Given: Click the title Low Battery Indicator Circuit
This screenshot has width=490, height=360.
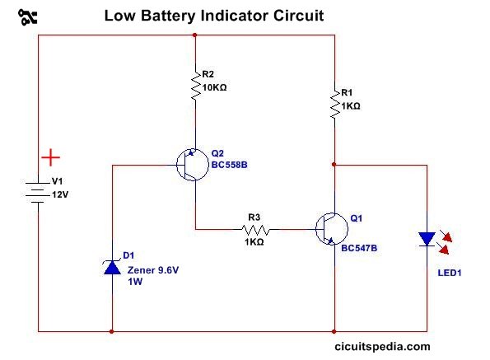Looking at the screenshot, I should click(x=212, y=16).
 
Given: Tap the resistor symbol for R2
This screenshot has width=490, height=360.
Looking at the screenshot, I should click(x=195, y=85).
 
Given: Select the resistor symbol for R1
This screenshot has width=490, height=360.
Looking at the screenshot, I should click(x=334, y=105).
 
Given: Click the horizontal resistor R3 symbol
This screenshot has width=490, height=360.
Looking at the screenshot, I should click(x=254, y=229).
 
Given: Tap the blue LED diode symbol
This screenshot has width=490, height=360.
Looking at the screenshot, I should click(x=427, y=239).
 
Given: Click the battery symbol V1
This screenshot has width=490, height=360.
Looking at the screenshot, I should click(x=39, y=190).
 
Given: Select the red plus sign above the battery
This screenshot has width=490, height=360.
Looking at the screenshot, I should click(x=51, y=156).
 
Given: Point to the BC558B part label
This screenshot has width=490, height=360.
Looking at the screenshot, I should click(x=229, y=165).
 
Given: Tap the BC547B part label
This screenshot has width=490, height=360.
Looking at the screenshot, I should click(x=359, y=246).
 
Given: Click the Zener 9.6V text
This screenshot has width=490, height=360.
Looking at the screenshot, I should click(x=151, y=268).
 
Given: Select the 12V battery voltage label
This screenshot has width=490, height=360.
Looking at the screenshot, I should click(x=62, y=195).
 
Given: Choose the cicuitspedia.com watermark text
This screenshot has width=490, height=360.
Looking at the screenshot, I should click(x=383, y=347).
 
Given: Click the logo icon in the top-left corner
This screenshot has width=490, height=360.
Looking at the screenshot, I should click(x=27, y=16).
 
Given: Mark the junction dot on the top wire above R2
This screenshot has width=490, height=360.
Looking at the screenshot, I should click(x=195, y=35).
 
